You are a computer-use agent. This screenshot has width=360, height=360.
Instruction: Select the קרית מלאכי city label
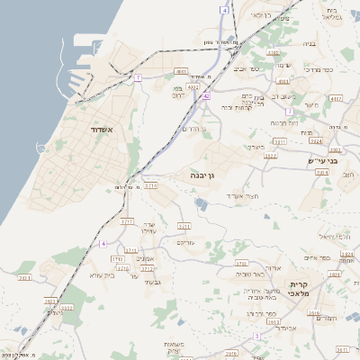coord(299,289)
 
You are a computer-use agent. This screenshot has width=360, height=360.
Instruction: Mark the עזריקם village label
coord(184,242)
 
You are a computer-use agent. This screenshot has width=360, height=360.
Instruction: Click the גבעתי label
coord(151,282)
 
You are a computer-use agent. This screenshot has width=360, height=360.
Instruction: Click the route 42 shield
coord(207,95)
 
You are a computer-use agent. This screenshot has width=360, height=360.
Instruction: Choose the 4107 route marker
coord(336,97)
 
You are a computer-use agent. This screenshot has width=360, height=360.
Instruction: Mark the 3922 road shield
coord(315,141)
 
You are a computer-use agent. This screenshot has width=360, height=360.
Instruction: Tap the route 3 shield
coord(256,336)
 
